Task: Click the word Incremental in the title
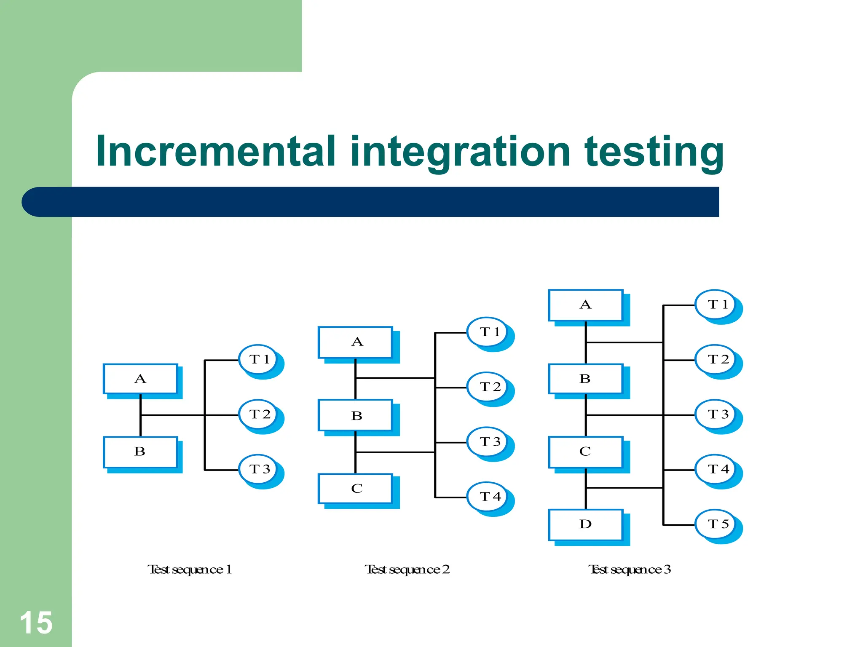coord(215,152)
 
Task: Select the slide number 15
coord(36,623)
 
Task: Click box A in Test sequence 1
coord(140,379)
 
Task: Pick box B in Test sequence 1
coord(140,452)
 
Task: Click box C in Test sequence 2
coord(356,489)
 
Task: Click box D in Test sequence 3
coord(586,524)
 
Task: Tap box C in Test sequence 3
coord(586,452)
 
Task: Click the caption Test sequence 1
coord(190,569)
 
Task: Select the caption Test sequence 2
coord(407,569)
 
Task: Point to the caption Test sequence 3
coord(630,569)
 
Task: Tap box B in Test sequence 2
coord(356,415)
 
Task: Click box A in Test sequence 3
coord(586,305)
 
